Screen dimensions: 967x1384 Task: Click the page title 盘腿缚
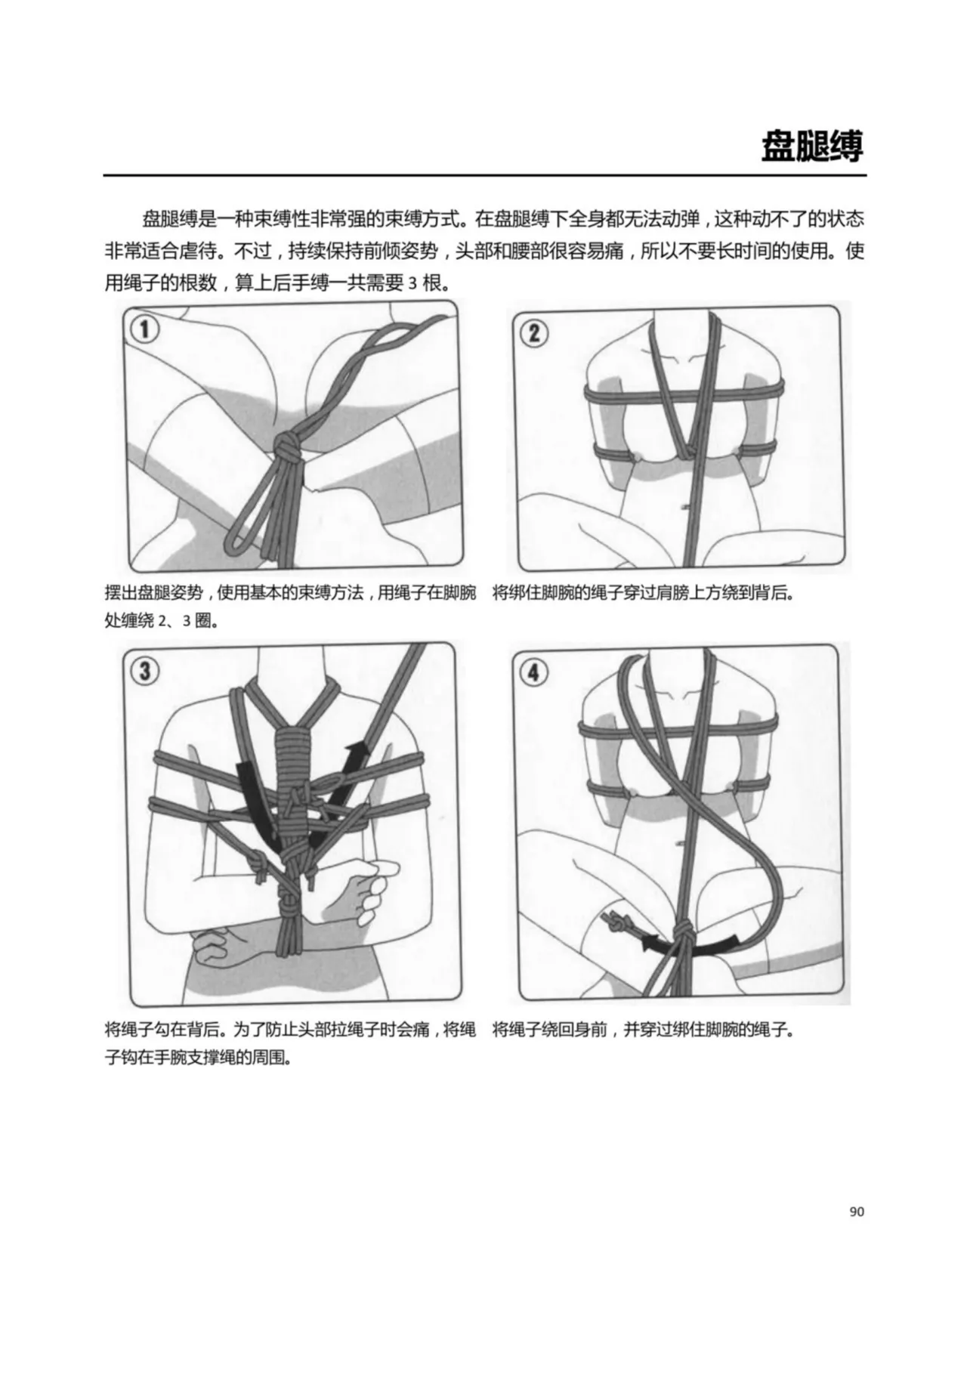[811, 147]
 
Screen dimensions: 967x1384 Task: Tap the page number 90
[856, 1211]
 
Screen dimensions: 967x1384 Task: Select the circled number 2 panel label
[534, 332]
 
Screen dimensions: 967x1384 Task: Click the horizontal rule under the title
[484, 176]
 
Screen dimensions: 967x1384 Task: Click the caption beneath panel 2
[644, 592]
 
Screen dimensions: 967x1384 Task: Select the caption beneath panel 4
[644, 1029]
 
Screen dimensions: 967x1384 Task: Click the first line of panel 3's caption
[290, 1029]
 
